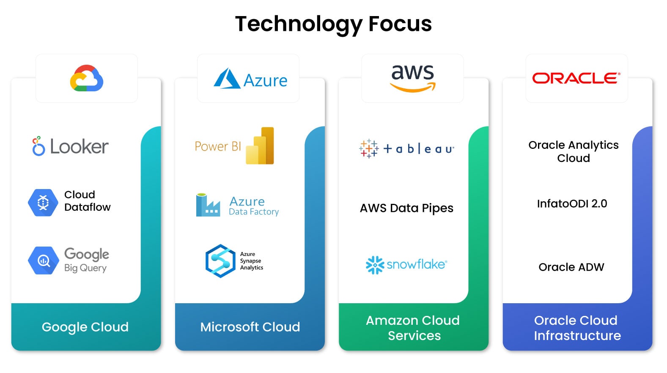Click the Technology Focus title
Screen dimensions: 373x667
(x=333, y=24)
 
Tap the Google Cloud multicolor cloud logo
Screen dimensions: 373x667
(x=87, y=78)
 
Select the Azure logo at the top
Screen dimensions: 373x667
(x=250, y=79)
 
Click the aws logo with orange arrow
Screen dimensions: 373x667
(x=412, y=77)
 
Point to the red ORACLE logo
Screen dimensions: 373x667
(x=576, y=78)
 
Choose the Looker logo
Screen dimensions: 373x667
(x=71, y=146)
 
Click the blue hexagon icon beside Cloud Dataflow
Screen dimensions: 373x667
(x=43, y=203)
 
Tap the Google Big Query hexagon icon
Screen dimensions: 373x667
(x=43, y=261)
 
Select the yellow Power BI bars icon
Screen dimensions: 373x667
(x=260, y=145)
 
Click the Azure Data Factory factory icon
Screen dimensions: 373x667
(x=207, y=205)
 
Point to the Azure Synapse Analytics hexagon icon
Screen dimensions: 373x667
(x=220, y=261)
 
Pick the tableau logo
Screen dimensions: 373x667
(x=406, y=149)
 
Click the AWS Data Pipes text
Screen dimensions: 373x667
(x=406, y=208)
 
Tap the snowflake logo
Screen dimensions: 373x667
(x=406, y=265)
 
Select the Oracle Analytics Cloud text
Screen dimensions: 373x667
(x=574, y=151)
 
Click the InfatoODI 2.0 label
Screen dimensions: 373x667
(x=572, y=204)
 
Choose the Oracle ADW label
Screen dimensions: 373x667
(x=571, y=267)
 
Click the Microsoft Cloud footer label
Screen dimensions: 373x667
(x=250, y=327)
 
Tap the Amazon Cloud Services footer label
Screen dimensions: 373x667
(x=413, y=328)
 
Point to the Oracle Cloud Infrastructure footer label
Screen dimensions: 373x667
(x=577, y=328)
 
